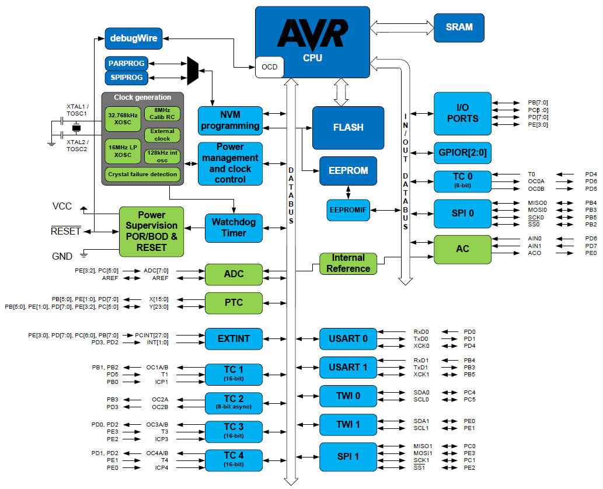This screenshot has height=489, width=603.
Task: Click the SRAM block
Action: tap(459, 27)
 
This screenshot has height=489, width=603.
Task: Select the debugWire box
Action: tap(134, 39)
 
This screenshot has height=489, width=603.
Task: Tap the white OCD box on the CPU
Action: tap(270, 67)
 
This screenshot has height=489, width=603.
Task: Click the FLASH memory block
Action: tap(348, 127)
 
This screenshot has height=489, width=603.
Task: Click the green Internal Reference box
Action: tap(348, 263)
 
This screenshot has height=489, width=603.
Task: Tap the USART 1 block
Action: tap(348, 367)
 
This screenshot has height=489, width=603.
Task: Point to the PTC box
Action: tap(233, 302)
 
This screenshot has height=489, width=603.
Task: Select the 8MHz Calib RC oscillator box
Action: tap(162, 113)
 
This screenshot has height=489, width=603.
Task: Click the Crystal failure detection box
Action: tap(143, 174)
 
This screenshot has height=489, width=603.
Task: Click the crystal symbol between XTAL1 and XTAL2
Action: tap(75, 128)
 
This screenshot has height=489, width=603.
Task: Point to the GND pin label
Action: tap(62, 256)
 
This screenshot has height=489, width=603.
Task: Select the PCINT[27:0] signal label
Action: tap(151, 335)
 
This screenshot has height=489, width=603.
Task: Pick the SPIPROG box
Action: tap(126, 77)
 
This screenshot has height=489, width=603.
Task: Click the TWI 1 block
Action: tap(348, 424)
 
